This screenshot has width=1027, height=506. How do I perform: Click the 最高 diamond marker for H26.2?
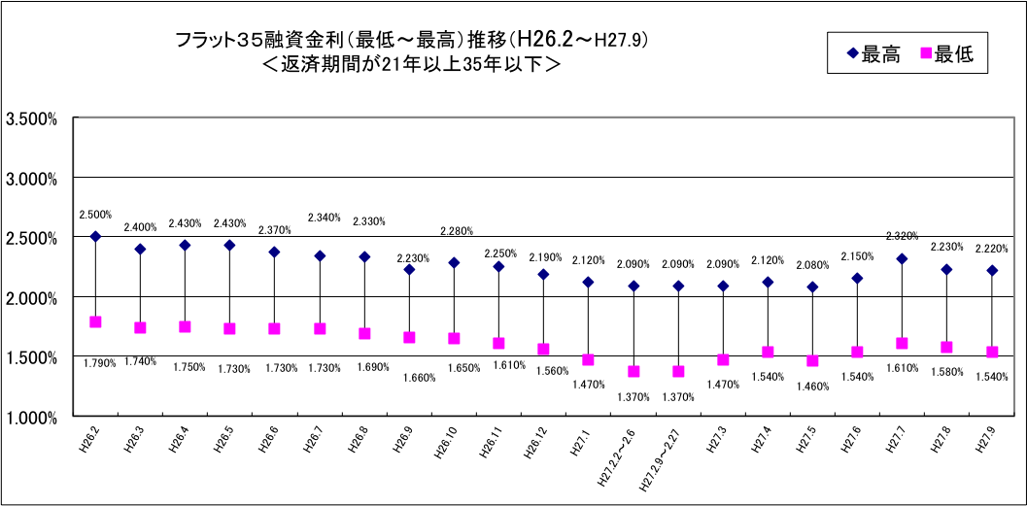pyautogui.click(x=95, y=236)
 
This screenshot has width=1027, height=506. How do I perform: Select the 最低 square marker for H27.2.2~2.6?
pyautogui.click(x=633, y=371)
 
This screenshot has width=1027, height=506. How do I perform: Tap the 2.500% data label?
pyautogui.click(x=95, y=214)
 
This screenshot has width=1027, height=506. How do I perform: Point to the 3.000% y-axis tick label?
pyautogui.click(x=33, y=179)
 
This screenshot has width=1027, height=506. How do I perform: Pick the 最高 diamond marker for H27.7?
pyautogui.click(x=902, y=258)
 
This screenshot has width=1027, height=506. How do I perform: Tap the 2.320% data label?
pyautogui.click(x=903, y=235)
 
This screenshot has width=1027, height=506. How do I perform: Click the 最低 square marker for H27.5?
pyautogui.click(x=812, y=360)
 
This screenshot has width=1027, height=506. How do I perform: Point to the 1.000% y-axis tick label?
pyautogui.click(x=33, y=418)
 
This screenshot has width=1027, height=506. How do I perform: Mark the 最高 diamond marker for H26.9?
pyautogui.click(x=409, y=269)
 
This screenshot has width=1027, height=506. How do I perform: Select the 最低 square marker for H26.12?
pyautogui.click(x=543, y=349)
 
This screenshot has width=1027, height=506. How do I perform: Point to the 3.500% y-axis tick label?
pyautogui.click(x=33, y=118)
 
